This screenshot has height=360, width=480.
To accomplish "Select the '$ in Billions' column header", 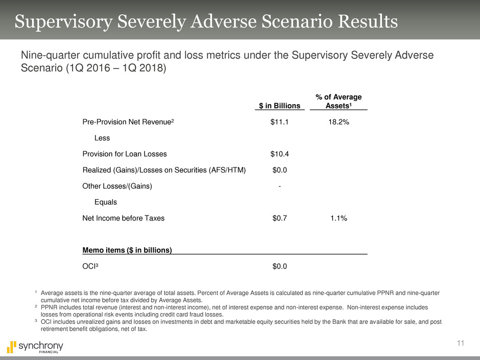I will [279, 106].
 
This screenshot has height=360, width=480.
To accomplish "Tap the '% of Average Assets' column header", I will [339, 101].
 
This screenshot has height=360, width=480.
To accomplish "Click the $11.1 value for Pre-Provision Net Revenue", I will [279, 122].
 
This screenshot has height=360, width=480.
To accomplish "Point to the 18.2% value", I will [339, 122].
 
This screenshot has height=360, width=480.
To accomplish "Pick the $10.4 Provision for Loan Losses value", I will [279, 154].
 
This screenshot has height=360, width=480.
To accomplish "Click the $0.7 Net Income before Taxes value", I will [279, 218].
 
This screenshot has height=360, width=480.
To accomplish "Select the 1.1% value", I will [339, 218].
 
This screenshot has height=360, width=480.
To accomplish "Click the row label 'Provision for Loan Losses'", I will [124, 154].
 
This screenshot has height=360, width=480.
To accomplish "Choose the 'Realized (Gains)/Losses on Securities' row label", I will [164, 170].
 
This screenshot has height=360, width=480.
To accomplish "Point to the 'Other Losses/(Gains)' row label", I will [117, 186].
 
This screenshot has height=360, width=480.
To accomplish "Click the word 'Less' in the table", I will [103, 138].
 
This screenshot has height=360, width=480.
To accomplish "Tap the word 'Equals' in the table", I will [106, 202].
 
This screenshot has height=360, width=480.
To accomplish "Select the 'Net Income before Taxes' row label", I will [124, 218].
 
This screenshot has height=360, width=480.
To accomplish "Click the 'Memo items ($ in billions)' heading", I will [127, 250].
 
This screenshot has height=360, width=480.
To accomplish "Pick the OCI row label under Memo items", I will [91, 266].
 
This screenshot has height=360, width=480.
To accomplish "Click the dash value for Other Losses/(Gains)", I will [279, 186].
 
